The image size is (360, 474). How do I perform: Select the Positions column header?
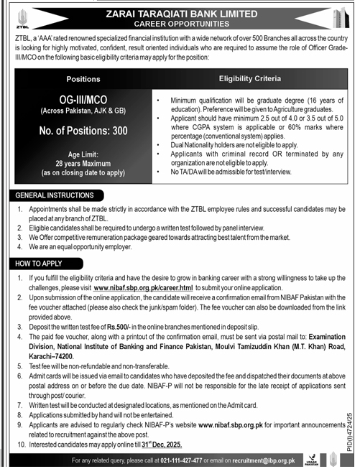click(83, 79)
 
